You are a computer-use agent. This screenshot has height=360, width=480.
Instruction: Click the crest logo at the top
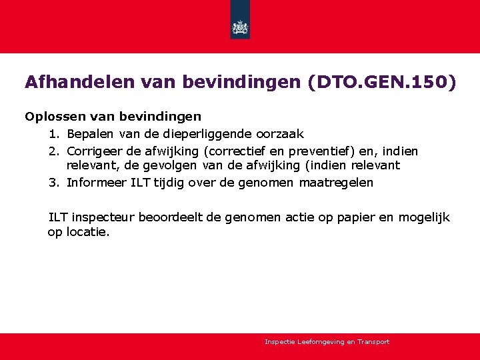[x=240, y=27]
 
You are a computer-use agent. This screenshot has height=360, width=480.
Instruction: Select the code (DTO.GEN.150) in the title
[x=382, y=82]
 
